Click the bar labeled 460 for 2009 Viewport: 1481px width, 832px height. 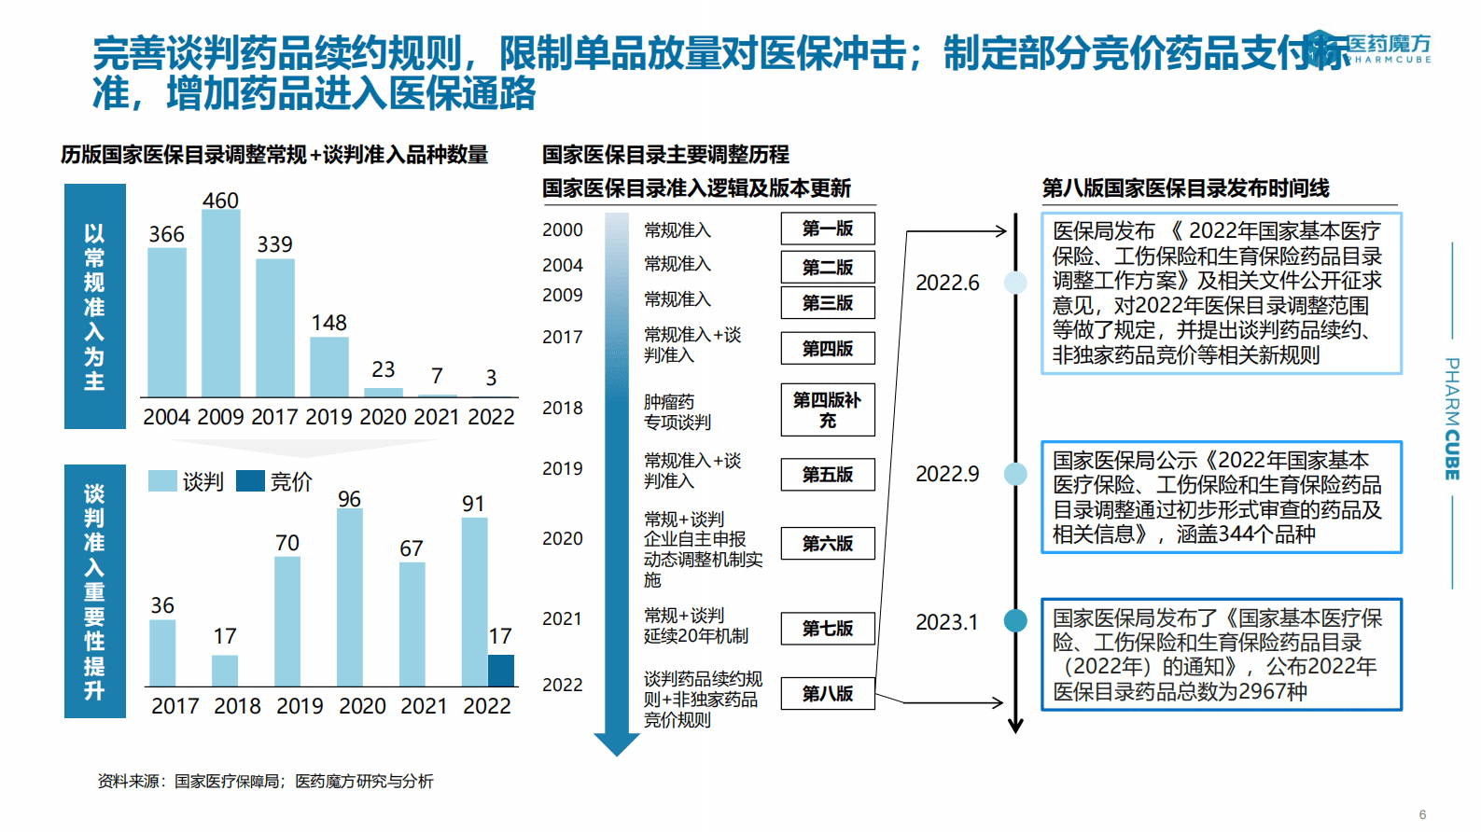pyautogui.click(x=220, y=303)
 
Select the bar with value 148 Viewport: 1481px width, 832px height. pyautogui.click(x=328, y=367)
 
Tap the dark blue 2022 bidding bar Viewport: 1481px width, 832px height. pyautogui.click(x=500, y=670)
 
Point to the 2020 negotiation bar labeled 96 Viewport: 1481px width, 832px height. pyautogui.click(x=349, y=597)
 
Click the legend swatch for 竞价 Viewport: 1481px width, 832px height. pyautogui.click(x=250, y=481)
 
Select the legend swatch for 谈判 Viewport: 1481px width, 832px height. pyautogui.click(x=162, y=481)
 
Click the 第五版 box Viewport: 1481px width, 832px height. pyautogui.click(x=827, y=475)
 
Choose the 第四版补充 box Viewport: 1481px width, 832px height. pyautogui.click(x=827, y=410)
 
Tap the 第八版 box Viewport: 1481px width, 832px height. pyautogui.click(x=827, y=694)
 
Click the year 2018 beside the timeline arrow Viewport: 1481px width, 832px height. pyautogui.click(x=562, y=409)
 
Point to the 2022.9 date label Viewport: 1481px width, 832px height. pyautogui.click(x=947, y=474)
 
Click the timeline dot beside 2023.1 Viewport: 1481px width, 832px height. pyautogui.click(x=1015, y=620)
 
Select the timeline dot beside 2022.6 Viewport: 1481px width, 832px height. pyautogui.click(x=1015, y=282)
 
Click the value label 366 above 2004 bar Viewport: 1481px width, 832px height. pyautogui.click(x=166, y=234)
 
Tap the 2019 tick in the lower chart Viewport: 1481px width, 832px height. pyautogui.click(x=300, y=706)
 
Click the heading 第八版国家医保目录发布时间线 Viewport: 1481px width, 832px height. pyautogui.click(x=1185, y=188)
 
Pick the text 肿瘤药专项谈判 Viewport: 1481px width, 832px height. pyautogui.click(x=678, y=411)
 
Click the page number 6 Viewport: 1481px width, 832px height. pyautogui.click(x=1422, y=814)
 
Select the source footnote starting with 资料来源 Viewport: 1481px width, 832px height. pyautogui.click(x=265, y=782)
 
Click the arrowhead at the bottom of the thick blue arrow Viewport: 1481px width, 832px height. pyautogui.click(x=617, y=744)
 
